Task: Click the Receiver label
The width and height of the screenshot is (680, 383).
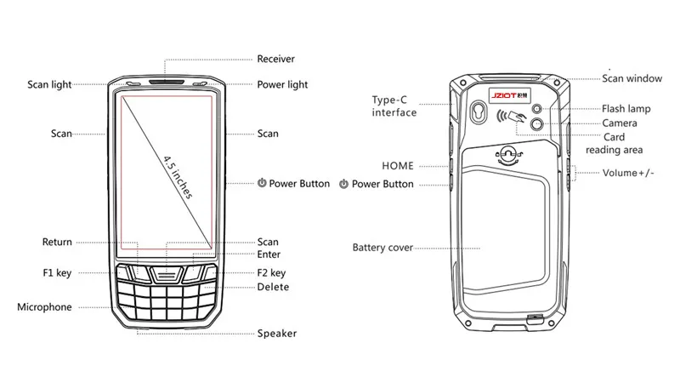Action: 275,59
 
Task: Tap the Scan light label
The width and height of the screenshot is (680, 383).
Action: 49,84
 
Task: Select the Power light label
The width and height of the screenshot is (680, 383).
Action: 282,84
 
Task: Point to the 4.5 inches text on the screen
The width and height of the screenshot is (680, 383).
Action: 178,177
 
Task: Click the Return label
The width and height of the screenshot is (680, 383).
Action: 57,242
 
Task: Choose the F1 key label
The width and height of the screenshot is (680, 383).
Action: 57,273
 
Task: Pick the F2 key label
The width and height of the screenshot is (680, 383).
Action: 271,273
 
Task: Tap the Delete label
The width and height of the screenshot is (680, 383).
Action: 273,287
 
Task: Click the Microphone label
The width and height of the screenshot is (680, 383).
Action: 44,307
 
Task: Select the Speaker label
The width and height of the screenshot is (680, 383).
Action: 277,334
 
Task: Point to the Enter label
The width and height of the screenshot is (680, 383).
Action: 269,254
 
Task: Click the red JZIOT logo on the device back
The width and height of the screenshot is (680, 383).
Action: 503,95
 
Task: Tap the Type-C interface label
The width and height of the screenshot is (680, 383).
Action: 394,106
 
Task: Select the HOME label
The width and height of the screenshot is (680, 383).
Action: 398,166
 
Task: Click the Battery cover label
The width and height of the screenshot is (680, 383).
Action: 382,248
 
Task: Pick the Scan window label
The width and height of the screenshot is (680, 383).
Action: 632,78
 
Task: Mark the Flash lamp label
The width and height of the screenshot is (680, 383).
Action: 626,109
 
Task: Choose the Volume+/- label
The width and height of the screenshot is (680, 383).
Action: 628,173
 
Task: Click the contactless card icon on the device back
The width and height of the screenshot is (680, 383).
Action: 512,116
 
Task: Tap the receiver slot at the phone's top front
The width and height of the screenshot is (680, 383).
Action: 167,82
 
